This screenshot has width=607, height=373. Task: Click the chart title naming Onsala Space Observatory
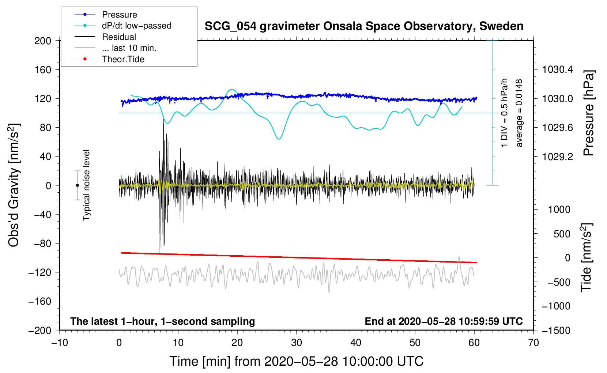pos(364,26)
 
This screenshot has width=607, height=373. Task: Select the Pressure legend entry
pos(106,14)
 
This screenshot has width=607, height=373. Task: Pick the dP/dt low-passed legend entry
pos(123,26)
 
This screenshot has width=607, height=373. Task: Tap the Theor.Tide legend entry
pos(109,59)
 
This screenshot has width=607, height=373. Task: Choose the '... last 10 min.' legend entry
pos(116,48)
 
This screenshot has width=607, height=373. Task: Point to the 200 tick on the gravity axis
pos(42,41)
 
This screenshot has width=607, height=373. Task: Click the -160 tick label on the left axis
pos(40,301)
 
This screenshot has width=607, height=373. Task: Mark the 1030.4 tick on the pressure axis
pos(557,70)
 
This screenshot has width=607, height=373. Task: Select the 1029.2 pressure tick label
pos(557,157)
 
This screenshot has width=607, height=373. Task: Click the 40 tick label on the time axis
pos(356,343)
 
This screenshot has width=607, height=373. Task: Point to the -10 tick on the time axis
pos(60,343)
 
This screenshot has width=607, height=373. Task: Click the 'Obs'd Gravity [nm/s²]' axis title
pos(14,185)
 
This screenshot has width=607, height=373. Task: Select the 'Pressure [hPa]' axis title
pos(588,113)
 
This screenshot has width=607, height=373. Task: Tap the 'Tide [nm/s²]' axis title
pos(587,257)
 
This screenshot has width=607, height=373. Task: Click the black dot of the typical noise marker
pos(77,185)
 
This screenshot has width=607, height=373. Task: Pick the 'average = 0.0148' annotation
pos(519,113)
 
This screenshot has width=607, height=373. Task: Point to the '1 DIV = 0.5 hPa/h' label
pos(504,113)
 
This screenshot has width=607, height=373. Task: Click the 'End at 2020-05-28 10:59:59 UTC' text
pos(444,321)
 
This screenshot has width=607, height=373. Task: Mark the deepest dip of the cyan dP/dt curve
pos(279,139)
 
